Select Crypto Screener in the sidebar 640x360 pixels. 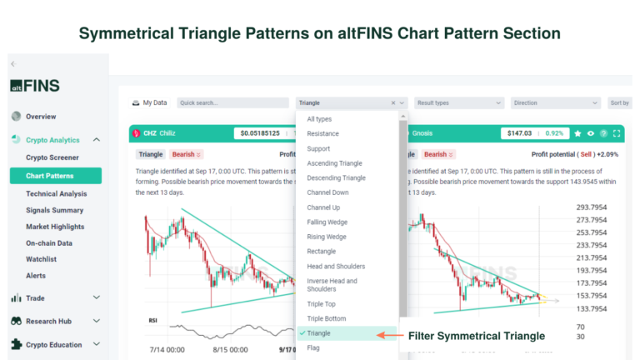52,157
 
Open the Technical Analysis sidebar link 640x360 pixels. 56,193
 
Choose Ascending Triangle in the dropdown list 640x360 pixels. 334,163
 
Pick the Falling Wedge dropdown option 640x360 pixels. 327,222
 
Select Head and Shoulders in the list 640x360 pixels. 336,267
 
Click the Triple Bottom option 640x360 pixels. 327,319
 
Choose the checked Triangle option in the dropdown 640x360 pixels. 318,333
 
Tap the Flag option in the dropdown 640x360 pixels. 315,349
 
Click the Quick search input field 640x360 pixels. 232,103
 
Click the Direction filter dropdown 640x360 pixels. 555,103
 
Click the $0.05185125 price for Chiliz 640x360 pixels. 261,133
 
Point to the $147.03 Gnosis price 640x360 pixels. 518,133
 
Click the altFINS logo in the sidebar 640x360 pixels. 35,85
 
